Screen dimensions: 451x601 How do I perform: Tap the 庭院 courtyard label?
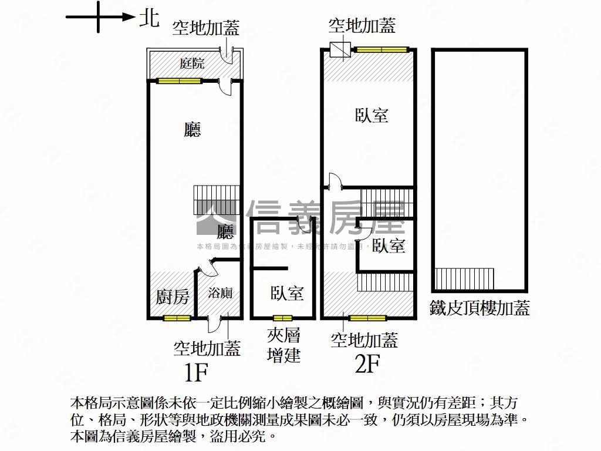coord(192,63)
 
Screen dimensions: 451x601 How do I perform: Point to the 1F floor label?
coord(197,371)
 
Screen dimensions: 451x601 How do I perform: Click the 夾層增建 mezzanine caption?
coord(284,345)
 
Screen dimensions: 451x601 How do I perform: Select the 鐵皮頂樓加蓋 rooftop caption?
coord(480,307)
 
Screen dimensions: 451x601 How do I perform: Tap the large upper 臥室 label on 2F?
coord(372,115)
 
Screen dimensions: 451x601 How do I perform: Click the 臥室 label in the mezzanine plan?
coord(287,293)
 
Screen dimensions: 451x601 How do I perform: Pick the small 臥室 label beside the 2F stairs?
coord(389,246)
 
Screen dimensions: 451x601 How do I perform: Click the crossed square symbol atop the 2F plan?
coord(339,49)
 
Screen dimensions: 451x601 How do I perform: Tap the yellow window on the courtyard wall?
coord(179,80)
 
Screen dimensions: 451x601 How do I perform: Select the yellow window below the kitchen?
coord(177,318)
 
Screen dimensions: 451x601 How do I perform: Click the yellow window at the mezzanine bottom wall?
coord(282,318)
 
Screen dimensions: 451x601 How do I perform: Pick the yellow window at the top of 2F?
coord(382,49)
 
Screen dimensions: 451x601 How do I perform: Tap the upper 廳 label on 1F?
coord(192,130)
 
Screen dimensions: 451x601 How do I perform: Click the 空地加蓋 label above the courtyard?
coord(205,28)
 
